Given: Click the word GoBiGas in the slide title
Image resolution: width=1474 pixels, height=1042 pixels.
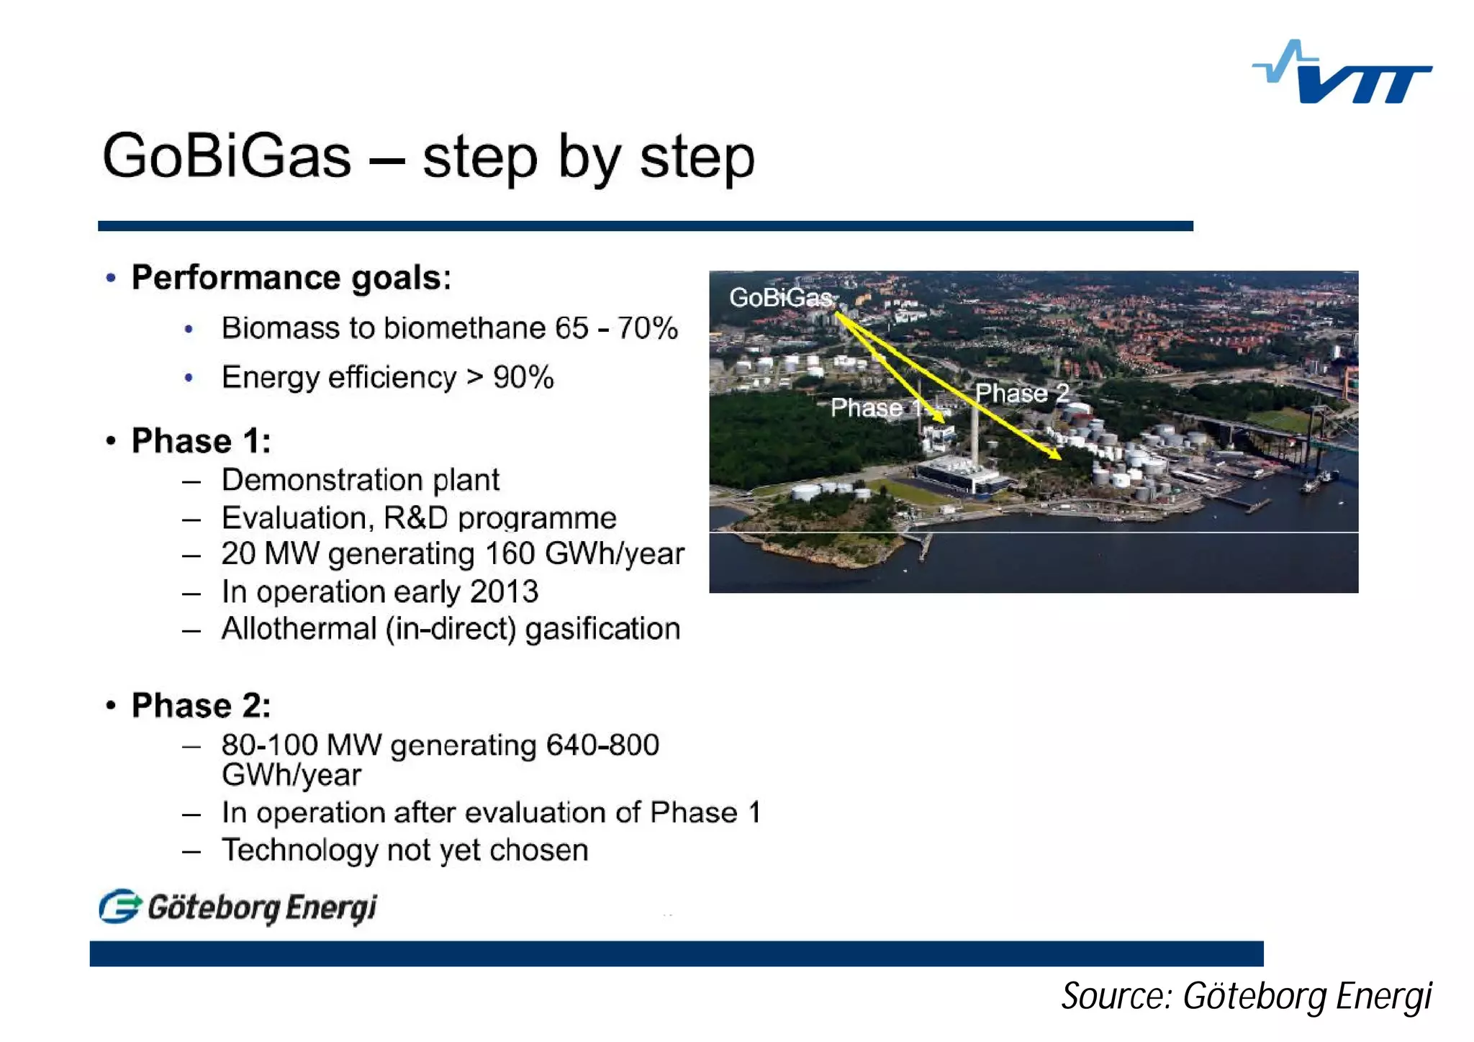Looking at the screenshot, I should pos(227,157).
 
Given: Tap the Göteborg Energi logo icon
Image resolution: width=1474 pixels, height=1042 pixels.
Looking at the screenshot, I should pos(119,907).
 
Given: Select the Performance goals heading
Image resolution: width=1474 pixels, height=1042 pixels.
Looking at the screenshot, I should pos(291,278).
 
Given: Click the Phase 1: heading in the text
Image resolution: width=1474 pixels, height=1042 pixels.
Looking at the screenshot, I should pos(201,441).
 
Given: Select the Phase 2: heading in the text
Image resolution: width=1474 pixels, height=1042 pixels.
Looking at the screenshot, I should pos(201,705).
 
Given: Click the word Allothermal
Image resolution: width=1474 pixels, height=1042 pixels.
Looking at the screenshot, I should pos(299,629).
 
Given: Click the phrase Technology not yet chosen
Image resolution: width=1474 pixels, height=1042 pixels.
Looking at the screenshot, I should pos(404,851).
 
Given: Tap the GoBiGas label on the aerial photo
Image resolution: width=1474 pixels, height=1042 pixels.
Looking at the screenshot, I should pos(780,297).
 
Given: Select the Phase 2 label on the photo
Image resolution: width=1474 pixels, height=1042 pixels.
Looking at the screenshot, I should pos(1021,394).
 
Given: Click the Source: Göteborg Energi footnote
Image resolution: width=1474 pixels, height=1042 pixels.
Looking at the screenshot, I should pos(1246,997).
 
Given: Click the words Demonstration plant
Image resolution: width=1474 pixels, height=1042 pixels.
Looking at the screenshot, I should pos(360,480).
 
